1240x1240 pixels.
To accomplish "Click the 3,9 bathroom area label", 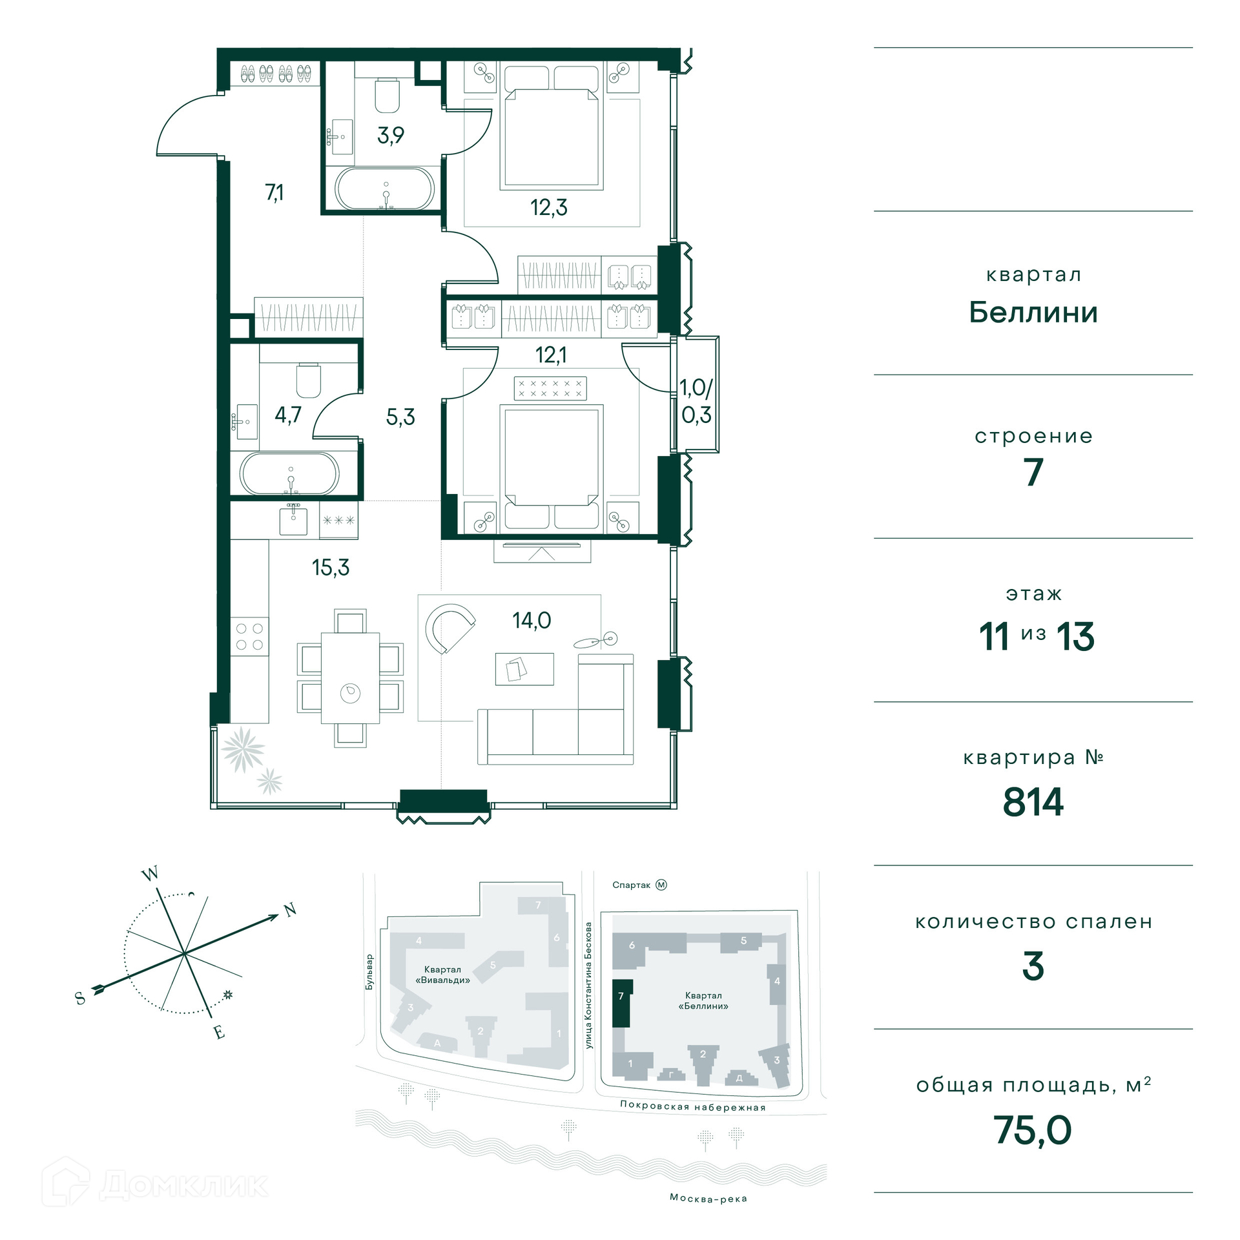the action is point(391,135).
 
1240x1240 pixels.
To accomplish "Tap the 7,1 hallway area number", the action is point(274,192).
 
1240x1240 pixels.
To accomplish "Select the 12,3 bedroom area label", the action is point(549,207).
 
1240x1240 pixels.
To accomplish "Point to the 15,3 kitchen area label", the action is point(331,567).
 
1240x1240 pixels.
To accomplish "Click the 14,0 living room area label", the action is point(532,621).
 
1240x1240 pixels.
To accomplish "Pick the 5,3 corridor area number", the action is point(400,417).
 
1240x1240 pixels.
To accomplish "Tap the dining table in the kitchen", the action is point(351,678).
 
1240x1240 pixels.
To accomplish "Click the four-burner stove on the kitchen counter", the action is point(249,636).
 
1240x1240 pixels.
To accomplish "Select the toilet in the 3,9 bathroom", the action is point(387,95).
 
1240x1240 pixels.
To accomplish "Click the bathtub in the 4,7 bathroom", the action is point(289,473).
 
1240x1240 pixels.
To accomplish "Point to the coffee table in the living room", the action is point(524,669).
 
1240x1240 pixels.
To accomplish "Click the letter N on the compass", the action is point(291,910).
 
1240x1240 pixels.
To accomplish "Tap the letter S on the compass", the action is point(81,998).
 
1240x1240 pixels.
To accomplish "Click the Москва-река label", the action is point(708,1199).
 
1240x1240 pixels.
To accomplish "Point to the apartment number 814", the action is point(1033,802).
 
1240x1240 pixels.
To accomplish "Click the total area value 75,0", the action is point(1033,1130).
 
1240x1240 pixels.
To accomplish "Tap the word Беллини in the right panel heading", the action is point(1033,313).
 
